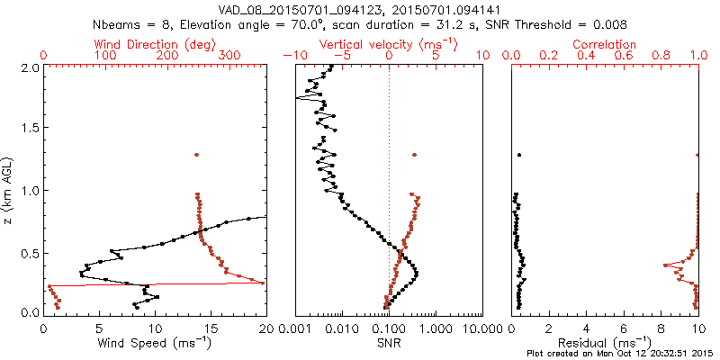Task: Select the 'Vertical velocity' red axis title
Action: coord(388,44)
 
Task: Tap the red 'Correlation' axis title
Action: coord(605,44)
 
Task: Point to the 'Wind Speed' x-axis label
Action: coord(155,342)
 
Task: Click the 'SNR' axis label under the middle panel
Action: coord(389,342)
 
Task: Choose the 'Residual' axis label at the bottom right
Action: coord(605,342)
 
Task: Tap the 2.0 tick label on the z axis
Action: coord(31,67)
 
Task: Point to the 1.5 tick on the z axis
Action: coord(31,129)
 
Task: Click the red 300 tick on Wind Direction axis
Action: coord(229,56)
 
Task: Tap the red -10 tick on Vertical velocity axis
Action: coord(291,56)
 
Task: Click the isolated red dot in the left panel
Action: coord(196,156)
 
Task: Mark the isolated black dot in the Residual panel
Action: coord(519,156)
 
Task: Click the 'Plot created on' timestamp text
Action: coord(620,353)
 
